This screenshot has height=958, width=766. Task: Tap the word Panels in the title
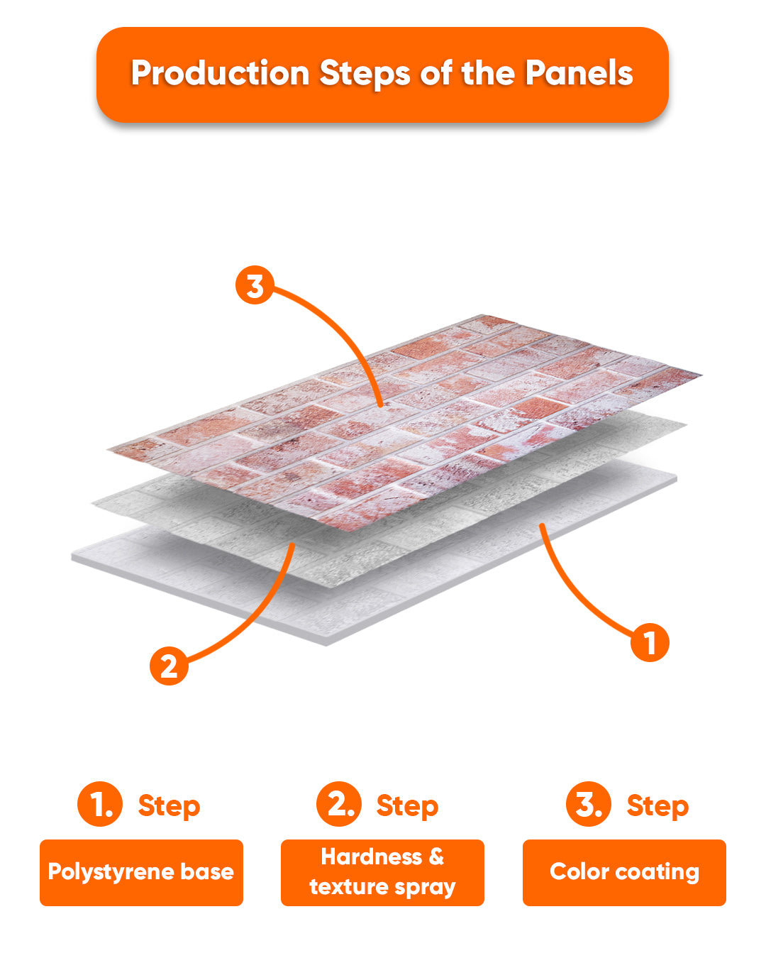(579, 72)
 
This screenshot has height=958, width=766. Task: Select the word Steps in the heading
(365, 74)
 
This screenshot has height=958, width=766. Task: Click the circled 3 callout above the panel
(255, 285)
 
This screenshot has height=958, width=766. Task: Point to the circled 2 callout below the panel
(169, 666)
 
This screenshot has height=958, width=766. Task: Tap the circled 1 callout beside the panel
(650, 642)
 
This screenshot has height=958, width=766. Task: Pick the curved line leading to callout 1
(567, 592)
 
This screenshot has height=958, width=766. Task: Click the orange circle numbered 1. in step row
(100, 803)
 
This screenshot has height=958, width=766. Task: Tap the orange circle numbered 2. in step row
(339, 803)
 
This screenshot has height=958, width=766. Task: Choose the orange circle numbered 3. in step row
(589, 803)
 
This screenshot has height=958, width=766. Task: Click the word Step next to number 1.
(169, 806)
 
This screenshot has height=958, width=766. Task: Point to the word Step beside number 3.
(657, 806)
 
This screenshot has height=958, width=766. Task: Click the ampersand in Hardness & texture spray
(436, 857)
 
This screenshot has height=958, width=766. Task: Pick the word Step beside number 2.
(407, 806)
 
